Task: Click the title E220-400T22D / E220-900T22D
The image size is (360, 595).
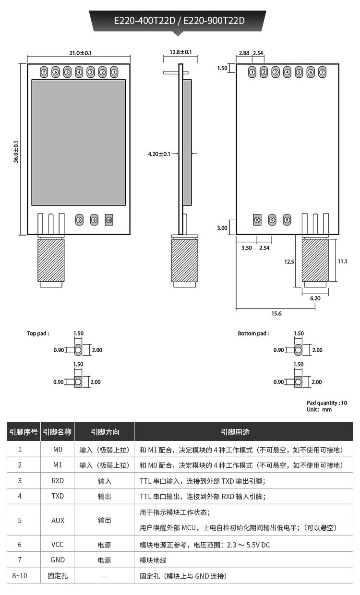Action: pos(179,21)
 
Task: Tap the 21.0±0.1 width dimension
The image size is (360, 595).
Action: pos(81,53)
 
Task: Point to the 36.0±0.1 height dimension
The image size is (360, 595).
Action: pos(16,152)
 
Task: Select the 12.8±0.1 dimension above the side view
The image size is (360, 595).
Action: pos(180,52)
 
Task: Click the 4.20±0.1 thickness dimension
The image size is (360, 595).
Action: pos(159,154)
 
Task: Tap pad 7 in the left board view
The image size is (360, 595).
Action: pos(44,72)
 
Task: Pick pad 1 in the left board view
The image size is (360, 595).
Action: pos(114,72)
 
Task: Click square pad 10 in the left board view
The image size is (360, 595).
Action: pos(109,220)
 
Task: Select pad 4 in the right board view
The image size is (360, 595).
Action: pos(287,72)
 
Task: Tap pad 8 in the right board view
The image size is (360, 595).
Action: pos(287,220)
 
